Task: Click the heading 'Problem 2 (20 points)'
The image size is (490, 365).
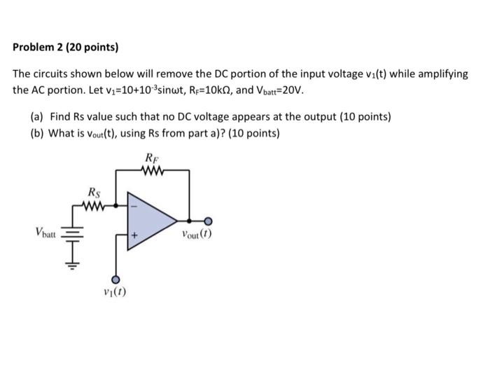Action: click(x=66, y=48)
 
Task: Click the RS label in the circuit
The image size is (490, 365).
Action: click(x=93, y=193)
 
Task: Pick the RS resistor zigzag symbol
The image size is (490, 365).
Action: click(x=93, y=205)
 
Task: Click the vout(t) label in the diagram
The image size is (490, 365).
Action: click(x=195, y=235)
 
